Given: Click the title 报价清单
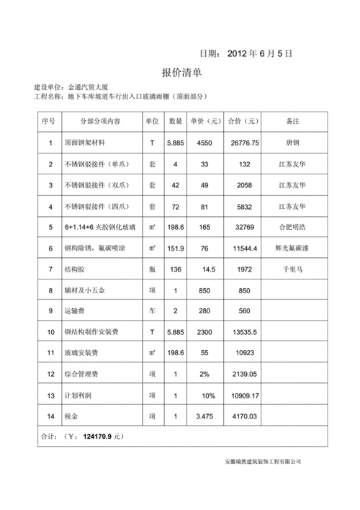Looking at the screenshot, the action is pyautogui.click(x=181, y=73).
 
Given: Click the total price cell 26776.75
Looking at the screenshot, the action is pyautogui.click(x=244, y=143).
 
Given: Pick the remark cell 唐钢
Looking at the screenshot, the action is pyautogui.click(x=292, y=143).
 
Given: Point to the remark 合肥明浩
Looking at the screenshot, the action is pyautogui.click(x=292, y=227).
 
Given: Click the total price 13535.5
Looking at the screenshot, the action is pyautogui.click(x=244, y=332).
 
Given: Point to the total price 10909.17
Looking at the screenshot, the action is pyautogui.click(x=244, y=395).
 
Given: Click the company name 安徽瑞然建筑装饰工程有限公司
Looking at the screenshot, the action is pyautogui.click(x=262, y=462).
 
